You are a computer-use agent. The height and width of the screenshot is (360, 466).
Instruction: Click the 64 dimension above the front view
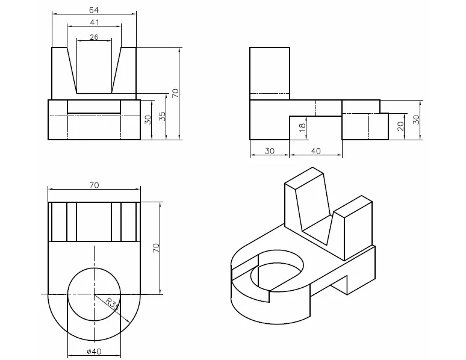point(94,10)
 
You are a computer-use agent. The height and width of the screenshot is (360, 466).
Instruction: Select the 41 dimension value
point(94,22)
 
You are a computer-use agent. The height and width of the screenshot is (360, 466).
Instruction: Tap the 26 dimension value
point(94,37)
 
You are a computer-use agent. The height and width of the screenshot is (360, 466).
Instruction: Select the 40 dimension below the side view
point(315,151)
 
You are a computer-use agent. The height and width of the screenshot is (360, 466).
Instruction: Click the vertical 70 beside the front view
point(175,93)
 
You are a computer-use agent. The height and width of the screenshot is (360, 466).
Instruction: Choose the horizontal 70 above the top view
point(94,185)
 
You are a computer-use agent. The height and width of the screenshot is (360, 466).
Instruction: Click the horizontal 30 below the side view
point(269,151)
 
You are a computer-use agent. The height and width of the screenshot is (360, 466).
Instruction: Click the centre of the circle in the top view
point(94,294)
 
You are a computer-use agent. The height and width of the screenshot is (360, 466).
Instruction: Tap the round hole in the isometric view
point(279,270)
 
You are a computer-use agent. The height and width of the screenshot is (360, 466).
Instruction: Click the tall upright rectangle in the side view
point(269,71)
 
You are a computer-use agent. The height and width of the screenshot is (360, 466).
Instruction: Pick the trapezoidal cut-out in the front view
point(94,69)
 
